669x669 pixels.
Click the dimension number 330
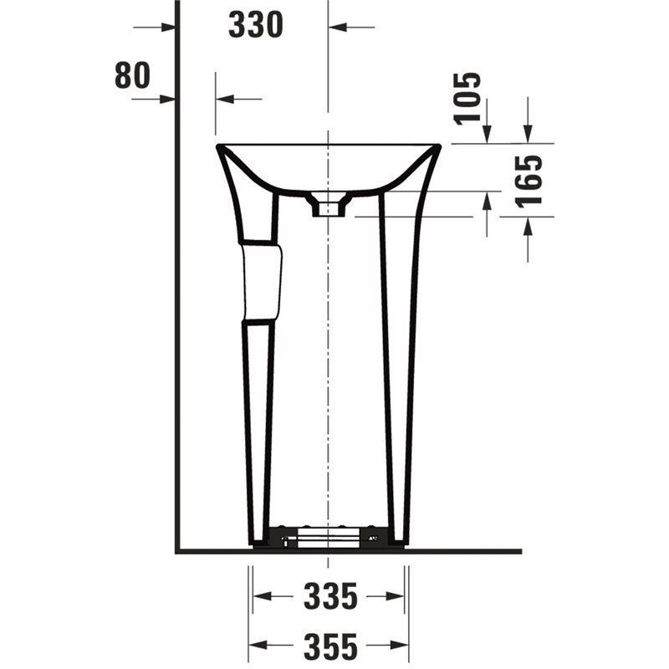(x=256, y=25)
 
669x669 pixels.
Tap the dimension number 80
(x=132, y=75)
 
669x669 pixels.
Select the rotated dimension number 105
(x=467, y=99)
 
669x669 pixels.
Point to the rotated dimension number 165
(x=529, y=181)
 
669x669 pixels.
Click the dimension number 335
(x=330, y=596)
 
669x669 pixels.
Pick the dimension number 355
(x=330, y=646)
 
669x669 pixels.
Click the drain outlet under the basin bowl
(x=328, y=205)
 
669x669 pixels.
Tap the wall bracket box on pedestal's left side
(x=261, y=282)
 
